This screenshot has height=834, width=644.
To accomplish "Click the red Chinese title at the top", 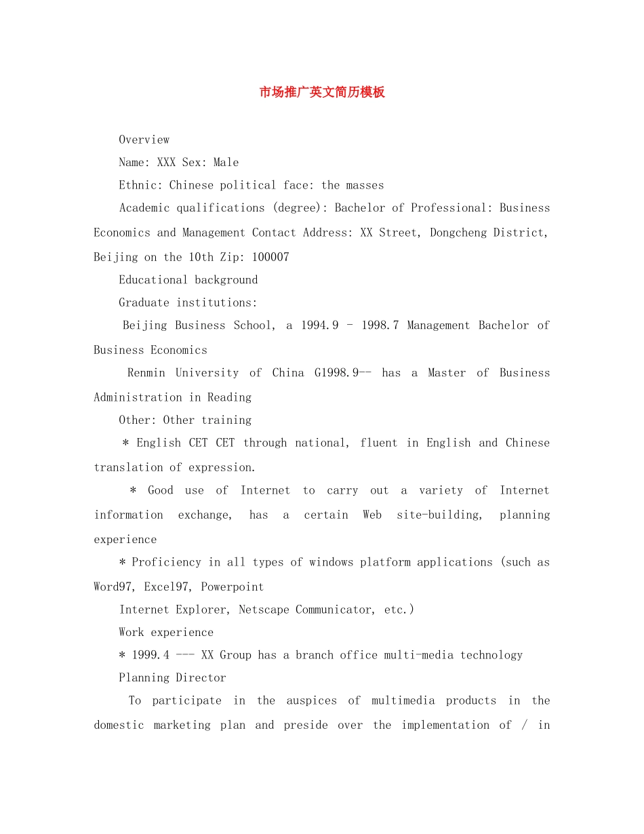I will click(x=322, y=92).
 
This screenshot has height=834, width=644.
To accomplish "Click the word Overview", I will click(x=144, y=140).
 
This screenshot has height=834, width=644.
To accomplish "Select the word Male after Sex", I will click(x=226, y=162).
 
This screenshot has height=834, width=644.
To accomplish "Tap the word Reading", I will click(x=229, y=397).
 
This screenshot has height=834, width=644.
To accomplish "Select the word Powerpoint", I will click(x=232, y=587).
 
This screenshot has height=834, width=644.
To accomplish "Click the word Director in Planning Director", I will click(x=201, y=677).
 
